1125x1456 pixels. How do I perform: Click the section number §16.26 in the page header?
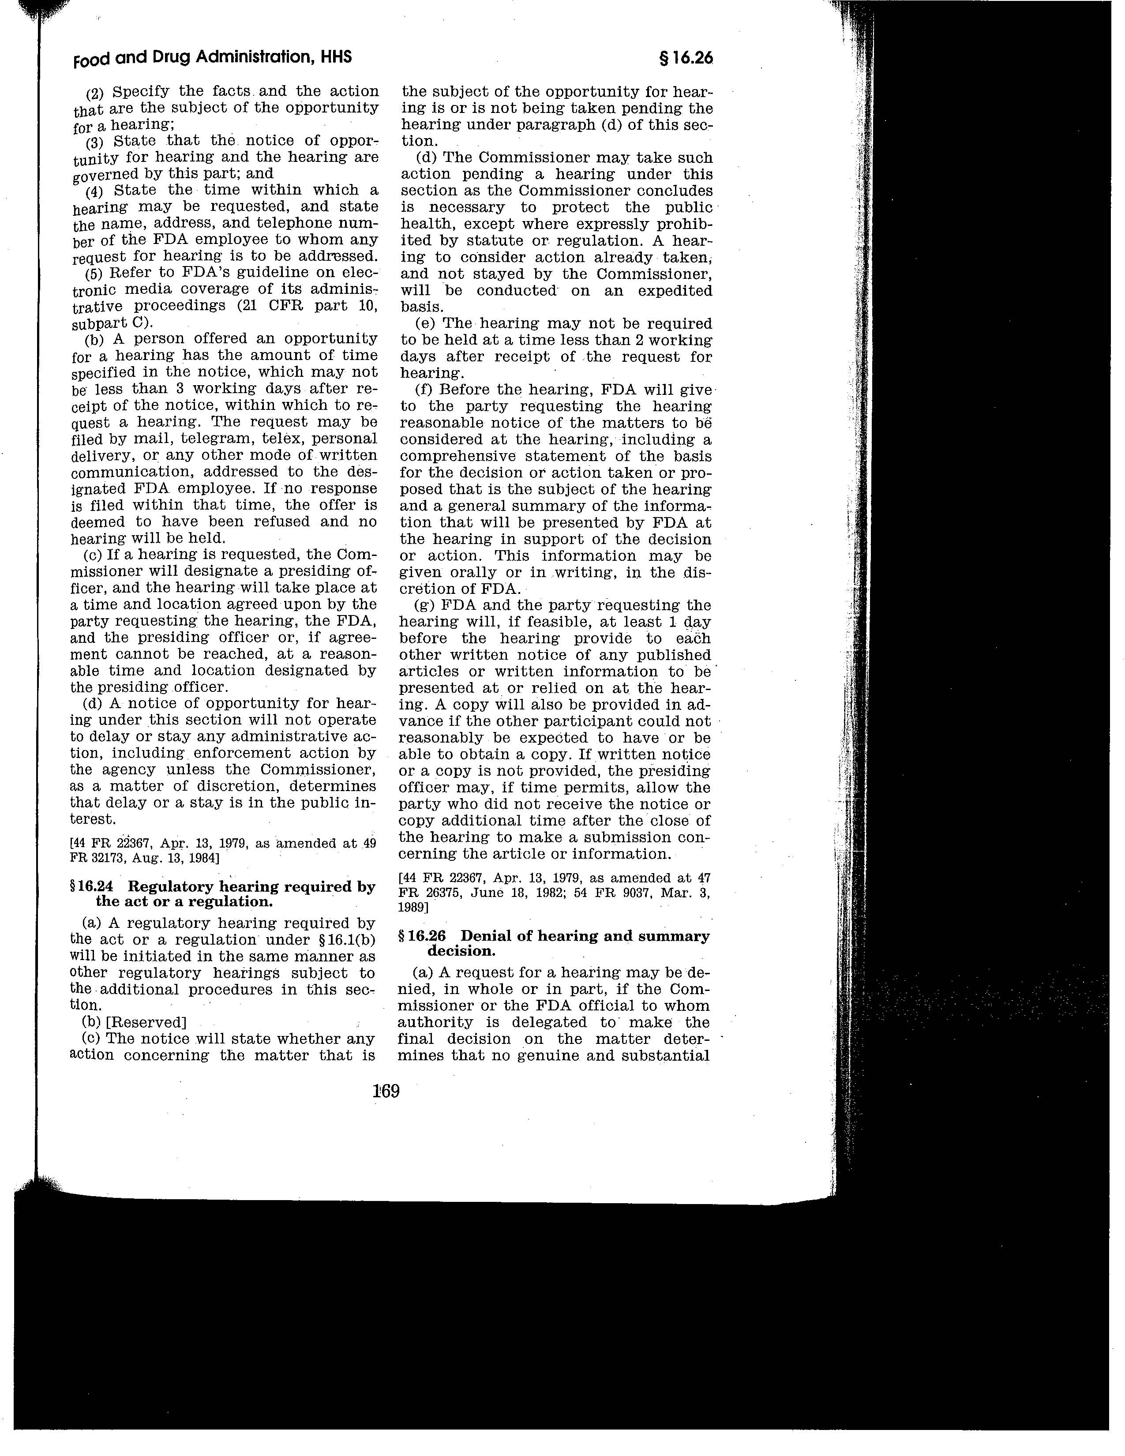(685, 59)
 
